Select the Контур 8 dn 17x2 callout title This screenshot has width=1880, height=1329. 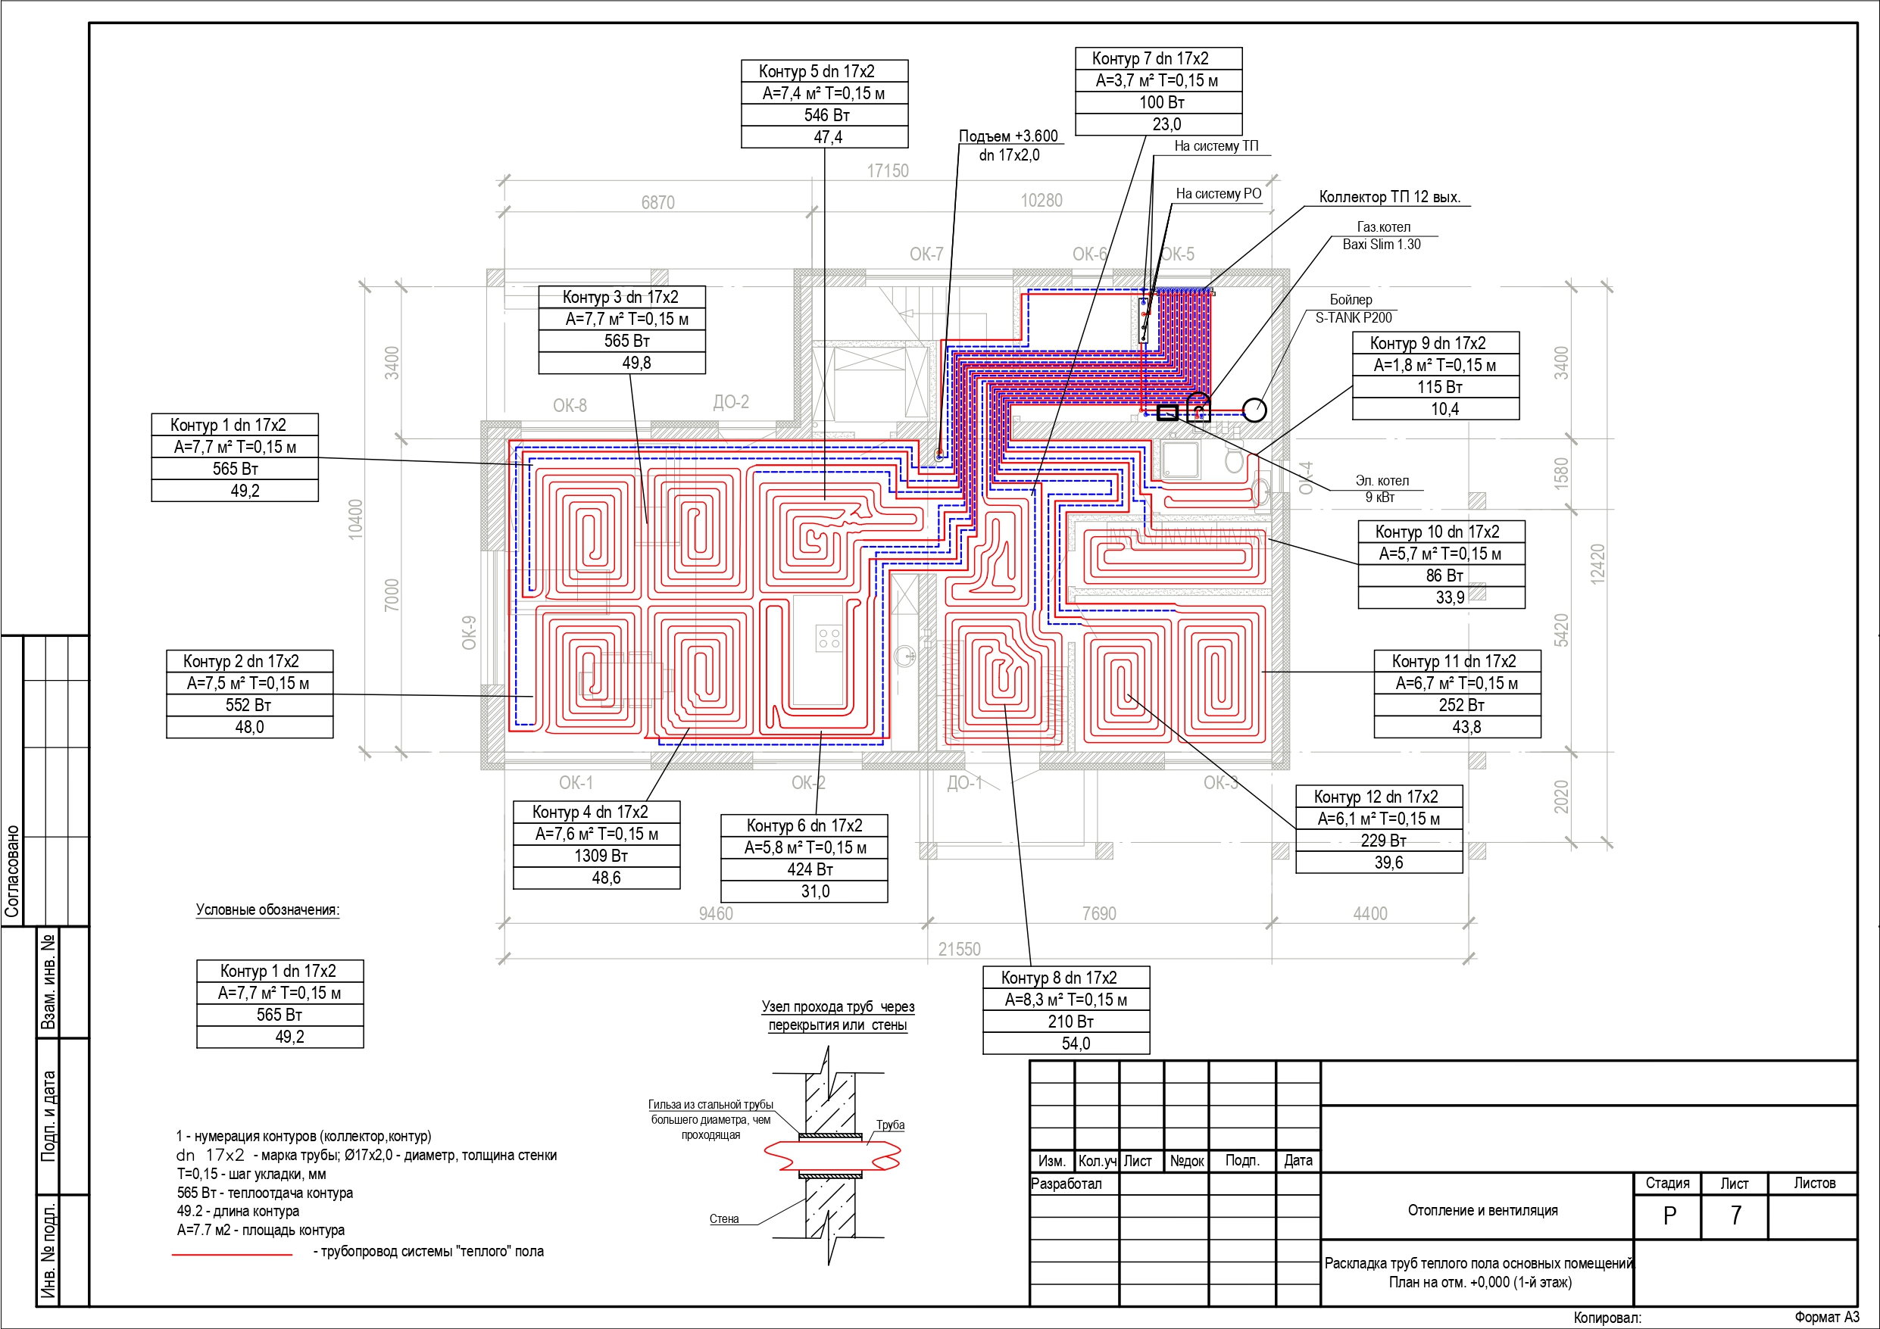1058,978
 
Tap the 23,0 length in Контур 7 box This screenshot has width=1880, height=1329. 1166,124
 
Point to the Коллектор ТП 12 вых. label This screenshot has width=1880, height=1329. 1389,198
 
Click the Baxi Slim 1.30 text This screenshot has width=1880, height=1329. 1382,244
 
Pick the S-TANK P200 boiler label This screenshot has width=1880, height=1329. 1354,318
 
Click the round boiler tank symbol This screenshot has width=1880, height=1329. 1254,410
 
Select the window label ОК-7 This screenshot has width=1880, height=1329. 926,254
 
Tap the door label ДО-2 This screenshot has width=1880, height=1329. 730,402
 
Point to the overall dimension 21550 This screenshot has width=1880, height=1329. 959,949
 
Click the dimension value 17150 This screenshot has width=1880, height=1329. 888,171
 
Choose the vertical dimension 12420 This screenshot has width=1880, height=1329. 1597,563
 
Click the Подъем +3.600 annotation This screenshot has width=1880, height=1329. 1008,136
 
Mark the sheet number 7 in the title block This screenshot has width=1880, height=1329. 1735,1215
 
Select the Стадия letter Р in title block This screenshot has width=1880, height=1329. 1669,1216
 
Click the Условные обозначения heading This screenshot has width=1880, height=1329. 267,909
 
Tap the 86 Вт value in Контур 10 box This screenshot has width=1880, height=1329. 1444,576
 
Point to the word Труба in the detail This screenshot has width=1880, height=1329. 890,1125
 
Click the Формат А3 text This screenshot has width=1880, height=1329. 1827,1317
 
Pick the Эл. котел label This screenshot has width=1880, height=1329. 1382,481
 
